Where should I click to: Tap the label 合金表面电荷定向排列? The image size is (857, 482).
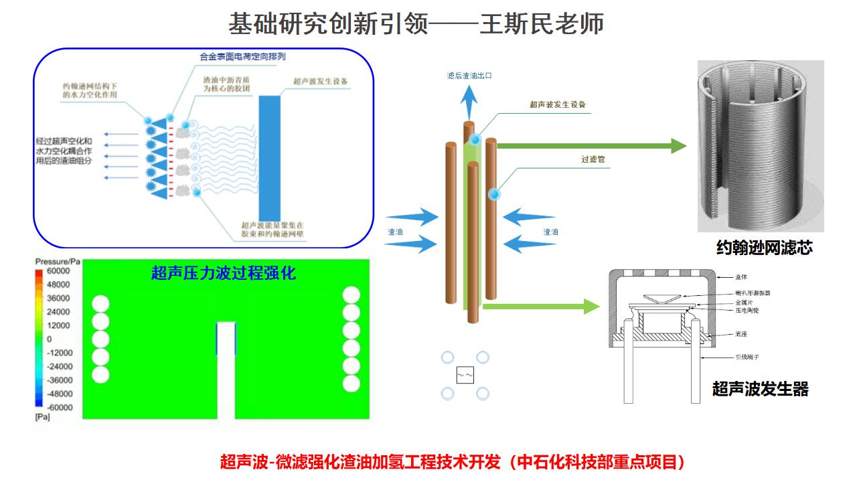[242, 57]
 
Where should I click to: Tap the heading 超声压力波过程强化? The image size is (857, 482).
[224, 273]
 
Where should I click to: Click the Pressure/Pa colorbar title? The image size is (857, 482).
[58, 260]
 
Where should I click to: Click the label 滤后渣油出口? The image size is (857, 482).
[469, 76]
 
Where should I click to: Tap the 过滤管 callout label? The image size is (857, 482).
[593, 160]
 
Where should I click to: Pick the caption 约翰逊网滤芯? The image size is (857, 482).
[764, 248]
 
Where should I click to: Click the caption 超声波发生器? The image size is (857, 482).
[760, 389]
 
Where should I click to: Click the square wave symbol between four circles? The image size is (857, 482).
[465, 376]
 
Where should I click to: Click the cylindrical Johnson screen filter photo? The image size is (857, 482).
[760, 145]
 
